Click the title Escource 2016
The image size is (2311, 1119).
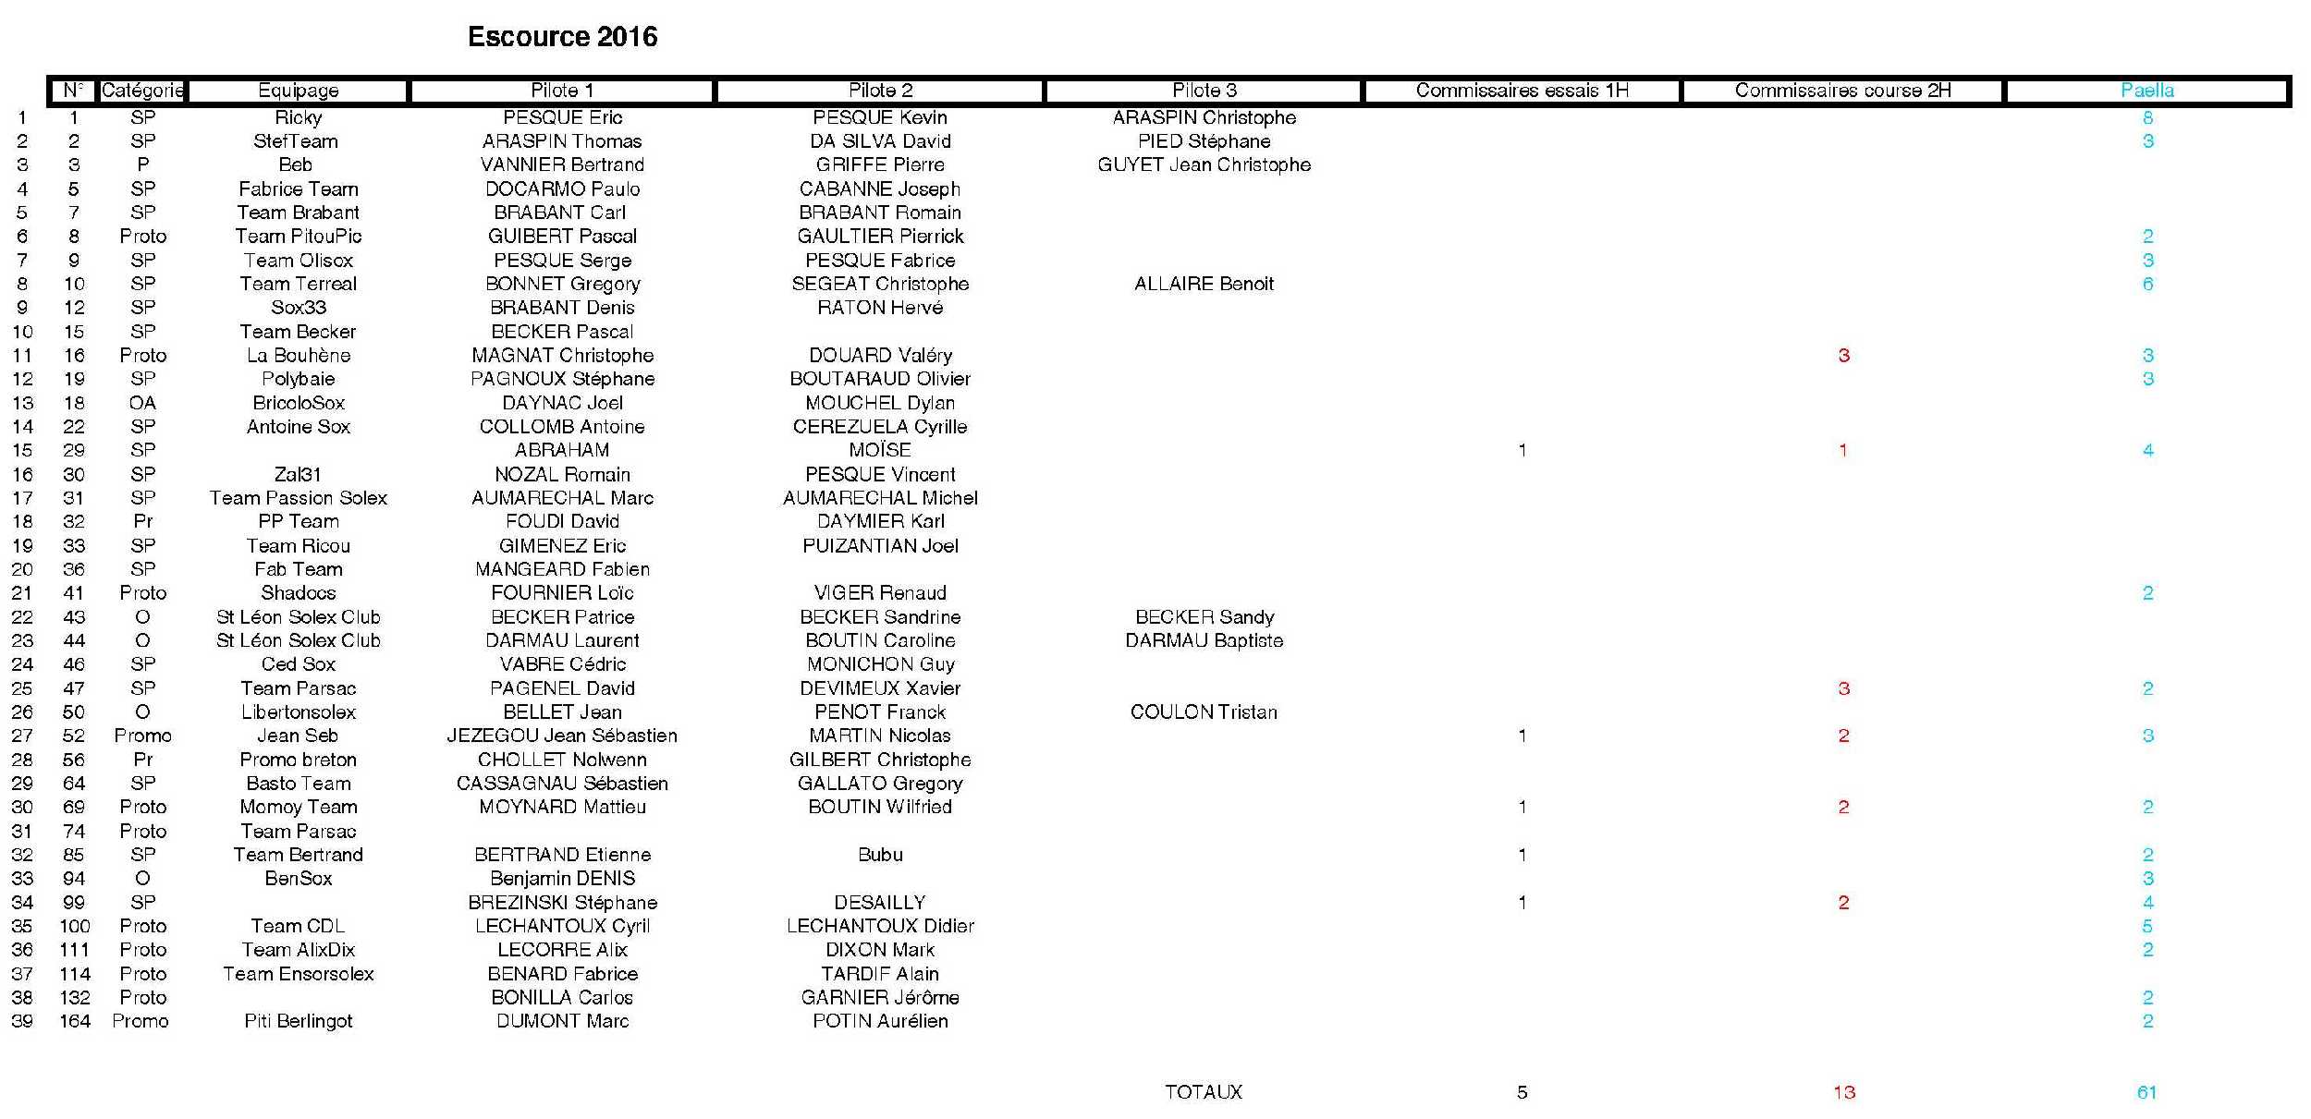pos(562,37)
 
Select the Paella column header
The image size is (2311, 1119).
pos(2146,91)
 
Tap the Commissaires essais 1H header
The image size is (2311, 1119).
pos(1522,91)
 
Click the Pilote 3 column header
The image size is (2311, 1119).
pos(1204,91)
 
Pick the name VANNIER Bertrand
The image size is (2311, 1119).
pos(562,165)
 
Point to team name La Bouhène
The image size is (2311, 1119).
pos(298,356)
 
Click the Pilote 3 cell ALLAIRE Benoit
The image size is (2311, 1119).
pos(1204,285)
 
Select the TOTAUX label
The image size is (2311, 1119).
pos(1204,1092)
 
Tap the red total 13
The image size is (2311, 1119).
pos(1843,1092)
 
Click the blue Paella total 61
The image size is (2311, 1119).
pos(2146,1092)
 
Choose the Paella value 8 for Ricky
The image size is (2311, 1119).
pos(2147,118)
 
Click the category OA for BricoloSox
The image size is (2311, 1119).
pos(142,403)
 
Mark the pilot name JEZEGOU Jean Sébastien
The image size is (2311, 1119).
pos(562,736)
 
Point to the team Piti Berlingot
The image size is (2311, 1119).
pos(298,1021)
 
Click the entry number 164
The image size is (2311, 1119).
pos(75,1021)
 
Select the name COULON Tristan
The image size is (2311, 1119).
pos(1204,712)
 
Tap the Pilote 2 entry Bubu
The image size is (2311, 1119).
pos(880,855)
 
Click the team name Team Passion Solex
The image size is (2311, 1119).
pos(298,498)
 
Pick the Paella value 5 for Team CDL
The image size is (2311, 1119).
pos(2147,926)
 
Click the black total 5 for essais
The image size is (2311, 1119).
pos(1522,1092)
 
